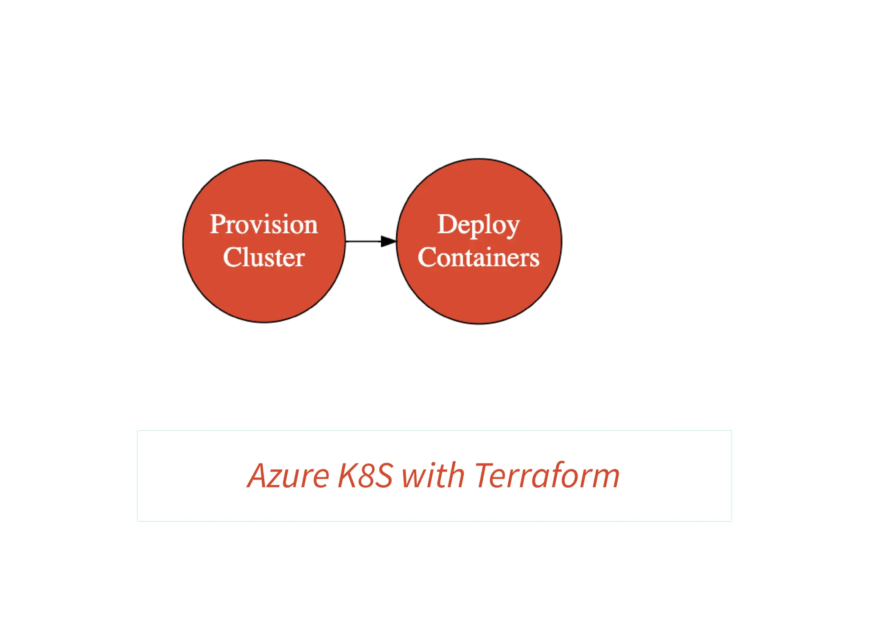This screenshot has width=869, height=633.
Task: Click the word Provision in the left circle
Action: [x=264, y=224]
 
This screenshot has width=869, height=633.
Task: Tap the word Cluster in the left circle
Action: [x=264, y=257]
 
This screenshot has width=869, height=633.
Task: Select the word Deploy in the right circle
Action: [x=478, y=225]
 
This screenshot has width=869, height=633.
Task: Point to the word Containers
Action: [x=478, y=257]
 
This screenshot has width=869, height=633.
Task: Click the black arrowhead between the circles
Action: [x=388, y=241]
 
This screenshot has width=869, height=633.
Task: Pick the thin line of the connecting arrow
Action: [x=363, y=241]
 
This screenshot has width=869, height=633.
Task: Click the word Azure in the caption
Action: [x=289, y=476]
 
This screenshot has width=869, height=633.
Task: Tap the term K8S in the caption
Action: [x=365, y=476]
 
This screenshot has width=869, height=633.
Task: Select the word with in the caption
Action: [x=433, y=476]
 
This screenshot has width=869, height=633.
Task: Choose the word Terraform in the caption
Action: [x=547, y=476]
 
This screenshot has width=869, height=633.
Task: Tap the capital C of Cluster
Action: [x=232, y=257]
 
